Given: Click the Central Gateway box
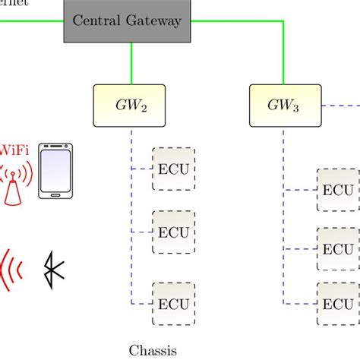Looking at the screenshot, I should [x=127, y=21].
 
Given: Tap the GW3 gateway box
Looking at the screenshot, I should [x=284, y=106].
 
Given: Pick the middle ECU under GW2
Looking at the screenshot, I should [x=174, y=232].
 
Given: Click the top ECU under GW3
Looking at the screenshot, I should [x=337, y=190].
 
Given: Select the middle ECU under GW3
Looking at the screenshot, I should [x=337, y=248].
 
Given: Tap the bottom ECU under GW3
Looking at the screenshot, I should [x=337, y=303].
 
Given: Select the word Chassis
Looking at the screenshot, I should [x=152, y=350].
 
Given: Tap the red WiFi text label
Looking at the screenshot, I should [x=14, y=150].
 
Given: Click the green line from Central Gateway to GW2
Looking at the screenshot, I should [x=133, y=64].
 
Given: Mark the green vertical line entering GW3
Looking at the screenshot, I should [x=284, y=64].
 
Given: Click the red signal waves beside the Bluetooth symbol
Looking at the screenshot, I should [x=11, y=270].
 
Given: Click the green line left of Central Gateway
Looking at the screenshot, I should [x=30, y=21].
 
